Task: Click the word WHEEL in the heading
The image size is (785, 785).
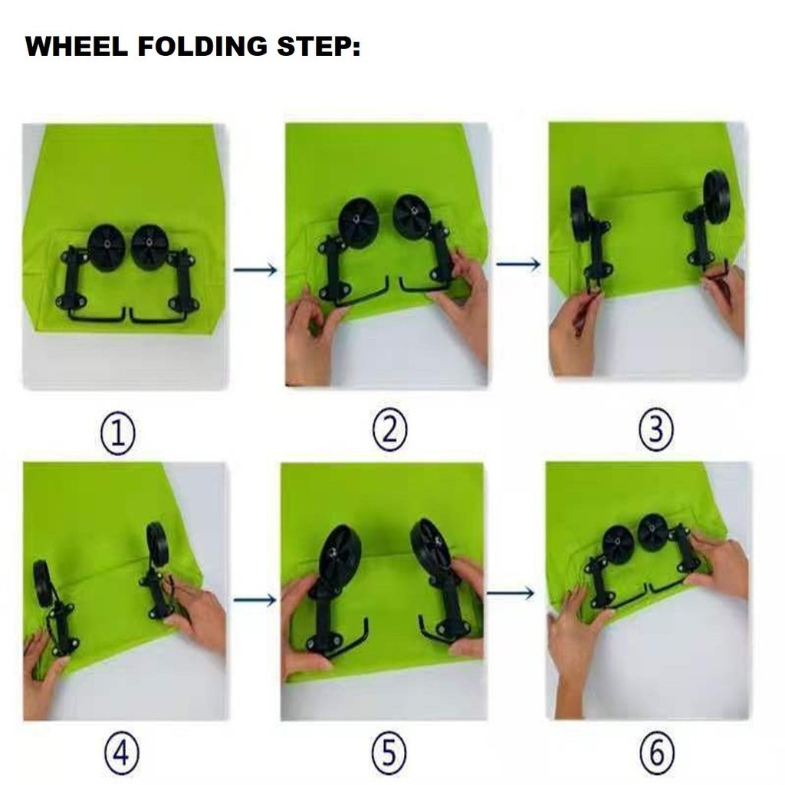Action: point(76,47)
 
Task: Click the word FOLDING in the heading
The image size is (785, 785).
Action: point(202,47)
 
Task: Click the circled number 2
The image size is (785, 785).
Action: point(390,429)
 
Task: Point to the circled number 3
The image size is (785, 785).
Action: point(656,429)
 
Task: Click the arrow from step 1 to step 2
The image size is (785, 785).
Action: point(255,270)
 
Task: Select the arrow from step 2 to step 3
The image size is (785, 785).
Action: point(518,264)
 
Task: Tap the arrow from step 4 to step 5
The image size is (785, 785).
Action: point(255,599)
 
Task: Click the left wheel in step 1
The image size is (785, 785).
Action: point(106,248)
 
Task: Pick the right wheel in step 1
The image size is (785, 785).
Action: point(149,248)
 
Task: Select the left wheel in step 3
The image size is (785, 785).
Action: point(580,214)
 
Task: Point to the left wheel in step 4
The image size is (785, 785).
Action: point(43,583)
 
